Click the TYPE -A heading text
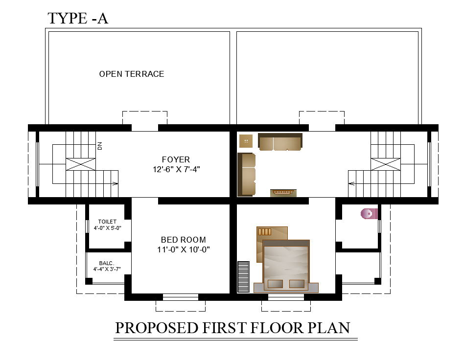(77, 18)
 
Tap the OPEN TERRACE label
(132, 74)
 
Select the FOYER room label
(176, 159)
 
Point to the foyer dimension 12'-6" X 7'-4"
(176, 170)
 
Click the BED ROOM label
(183, 240)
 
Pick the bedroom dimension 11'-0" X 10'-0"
(183, 249)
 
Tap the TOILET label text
(107, 222)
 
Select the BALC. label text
(107, 263)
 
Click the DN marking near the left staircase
(100, 145)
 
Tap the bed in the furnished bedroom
(286, 264)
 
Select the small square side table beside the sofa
(246, 141)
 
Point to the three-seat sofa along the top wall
(280, 142)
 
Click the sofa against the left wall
(247, 174)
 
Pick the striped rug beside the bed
(243, 277)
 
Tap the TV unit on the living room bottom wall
(283, 193)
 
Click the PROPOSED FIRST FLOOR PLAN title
(232, 328)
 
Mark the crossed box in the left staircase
(81, 164)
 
